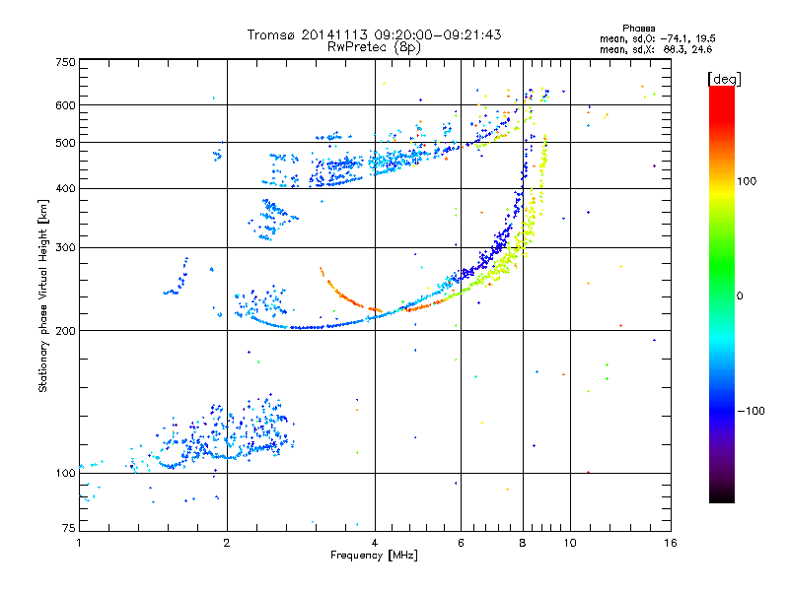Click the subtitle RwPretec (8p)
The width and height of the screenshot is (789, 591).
click(x=374, y=47)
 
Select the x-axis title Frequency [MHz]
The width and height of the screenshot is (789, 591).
click(x=374, y=556)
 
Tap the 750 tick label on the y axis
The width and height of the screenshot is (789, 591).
click(x=65, y=62)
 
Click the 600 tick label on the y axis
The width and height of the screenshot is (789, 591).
click(x=65, y=105)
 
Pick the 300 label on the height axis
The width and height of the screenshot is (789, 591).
click(x=65, y=248)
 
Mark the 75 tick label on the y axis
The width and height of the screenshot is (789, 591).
click(x=69, y=528)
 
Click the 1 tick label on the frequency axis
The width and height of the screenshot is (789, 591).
click(x=79, y=543)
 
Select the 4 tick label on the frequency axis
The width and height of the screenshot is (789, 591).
click(x=375, y=543)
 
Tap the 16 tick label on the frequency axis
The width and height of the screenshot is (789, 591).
click(x=671, y=543)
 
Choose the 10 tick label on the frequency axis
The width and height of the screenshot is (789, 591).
click(x=570, y=543)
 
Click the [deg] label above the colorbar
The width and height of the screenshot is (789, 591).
click(x=724, y=79)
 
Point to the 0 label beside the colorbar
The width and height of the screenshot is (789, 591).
click(x=740, y=295)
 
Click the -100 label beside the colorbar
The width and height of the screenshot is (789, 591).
click(x=751, y=411)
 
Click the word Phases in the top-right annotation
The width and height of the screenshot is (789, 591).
click(x=638, y=29)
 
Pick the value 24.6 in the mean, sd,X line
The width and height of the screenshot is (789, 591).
click(x=702, y=49)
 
